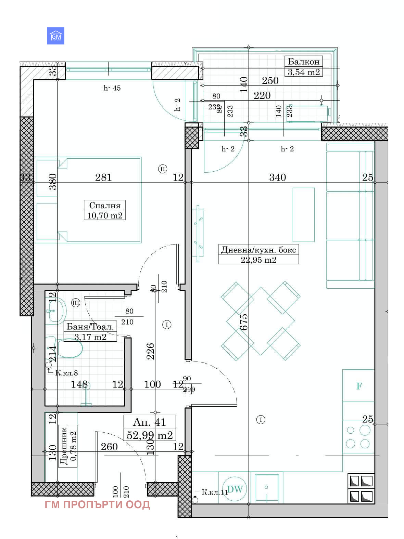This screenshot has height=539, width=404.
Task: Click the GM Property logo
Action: click(55, 36)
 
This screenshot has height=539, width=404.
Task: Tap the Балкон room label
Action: click(303, 62)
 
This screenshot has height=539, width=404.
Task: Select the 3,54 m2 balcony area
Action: click(303, 72)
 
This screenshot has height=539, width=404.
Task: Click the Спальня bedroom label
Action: click(105, 205)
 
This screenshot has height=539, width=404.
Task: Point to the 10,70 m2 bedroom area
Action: click(105, 215)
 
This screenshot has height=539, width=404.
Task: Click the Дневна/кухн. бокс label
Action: click(258, 250)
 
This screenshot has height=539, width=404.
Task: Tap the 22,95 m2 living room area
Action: click(258, 260)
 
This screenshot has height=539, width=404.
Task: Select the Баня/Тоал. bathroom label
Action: click(90, 327)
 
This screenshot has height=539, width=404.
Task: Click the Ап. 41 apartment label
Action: click(149, 422)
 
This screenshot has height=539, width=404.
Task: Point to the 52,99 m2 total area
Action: click(149, 435)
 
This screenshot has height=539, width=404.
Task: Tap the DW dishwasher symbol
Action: click(235, 489)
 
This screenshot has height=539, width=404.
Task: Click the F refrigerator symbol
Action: click(359, 386)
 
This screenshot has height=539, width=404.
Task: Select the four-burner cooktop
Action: click(358, 437)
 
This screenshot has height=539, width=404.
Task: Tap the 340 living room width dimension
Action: click(277, 177)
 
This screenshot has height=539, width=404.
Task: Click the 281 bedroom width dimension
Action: click(103, 177)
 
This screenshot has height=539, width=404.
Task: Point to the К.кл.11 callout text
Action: click(214, 492)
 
